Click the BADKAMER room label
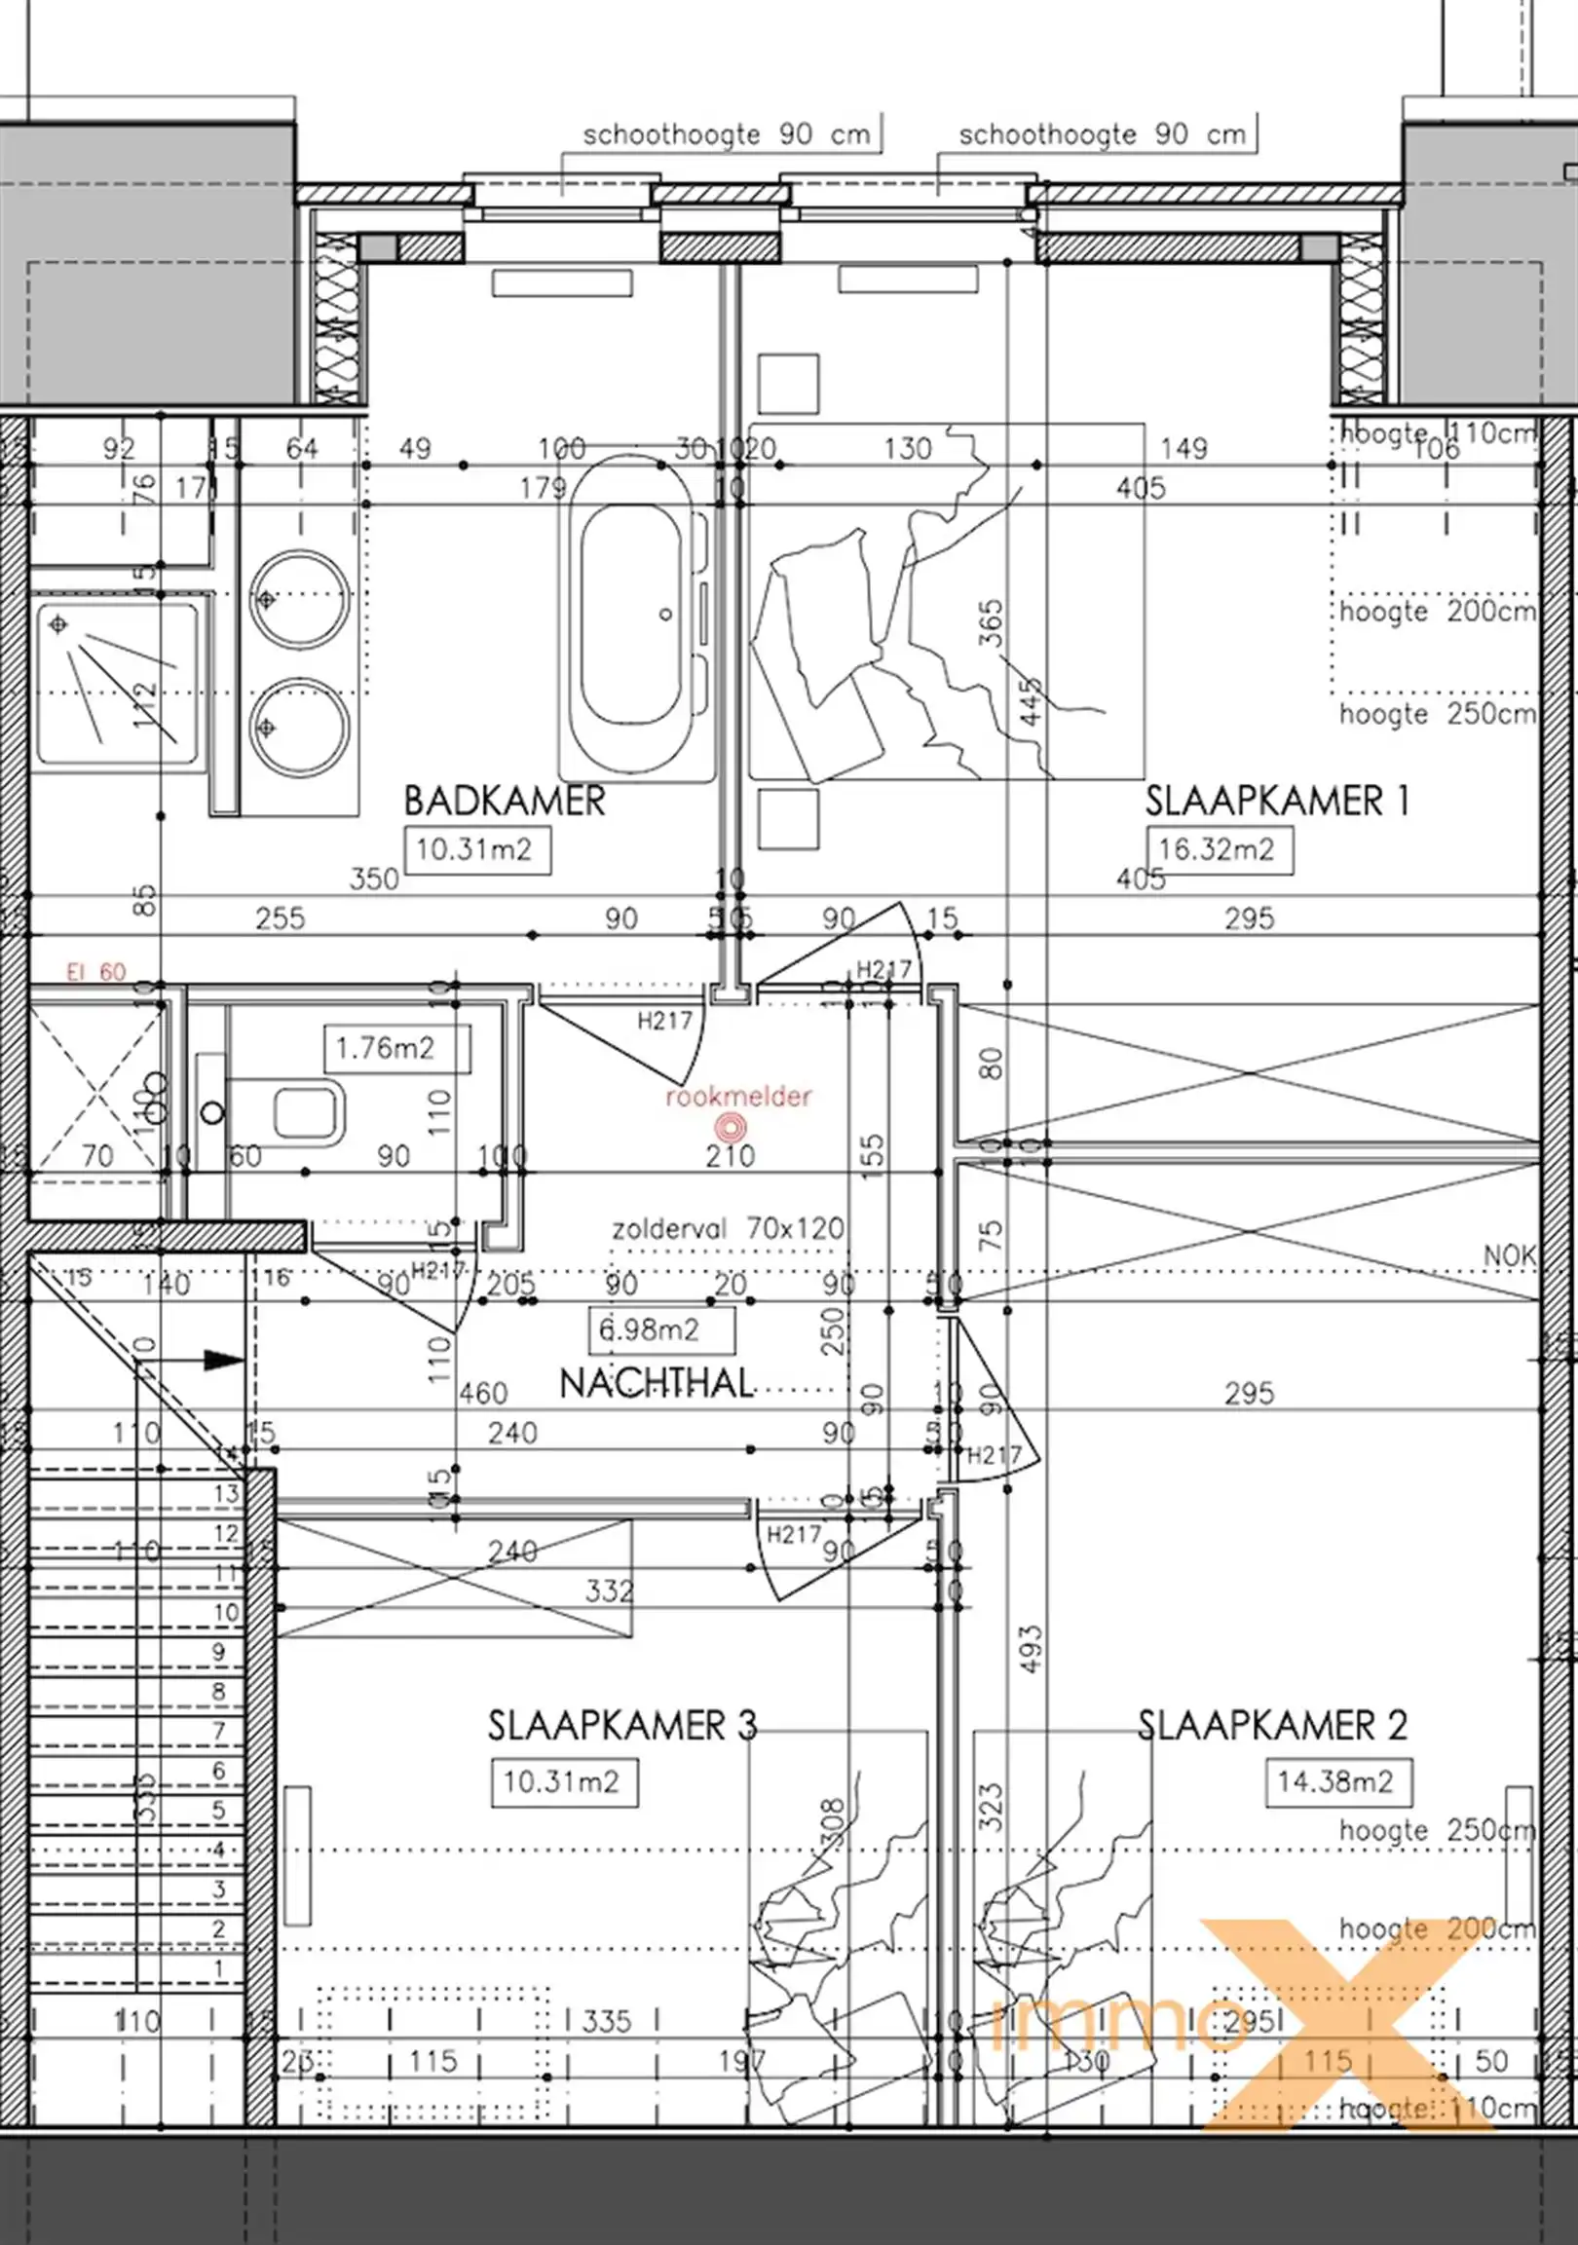point(505,801)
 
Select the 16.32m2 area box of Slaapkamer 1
point(1218,849)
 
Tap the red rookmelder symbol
point(729,1129)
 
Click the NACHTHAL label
point(656,1384)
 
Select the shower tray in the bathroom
point(115,682)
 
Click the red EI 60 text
point(95,972)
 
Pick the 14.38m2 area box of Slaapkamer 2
point(1335,1781)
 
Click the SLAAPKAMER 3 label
point(621,1726)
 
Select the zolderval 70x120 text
point(728,1228)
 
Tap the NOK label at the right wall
point(1509,1254)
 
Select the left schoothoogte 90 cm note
point(726,135)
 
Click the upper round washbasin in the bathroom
point(299,598)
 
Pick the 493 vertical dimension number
point(1031,1651)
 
